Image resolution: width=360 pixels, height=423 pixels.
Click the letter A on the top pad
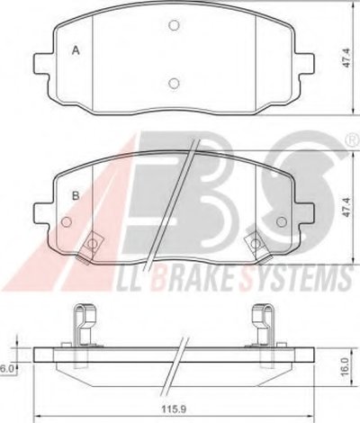76,50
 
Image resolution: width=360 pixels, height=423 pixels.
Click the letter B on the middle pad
76,195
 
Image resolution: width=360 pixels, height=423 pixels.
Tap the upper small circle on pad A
174,25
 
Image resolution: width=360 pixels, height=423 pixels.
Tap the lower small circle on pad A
174,83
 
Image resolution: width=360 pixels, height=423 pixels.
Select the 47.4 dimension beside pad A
347,58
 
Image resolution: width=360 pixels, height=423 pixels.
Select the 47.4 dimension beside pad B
347,207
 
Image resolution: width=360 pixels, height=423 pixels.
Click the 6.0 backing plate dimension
6,368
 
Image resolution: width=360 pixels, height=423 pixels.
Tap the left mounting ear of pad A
41,63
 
